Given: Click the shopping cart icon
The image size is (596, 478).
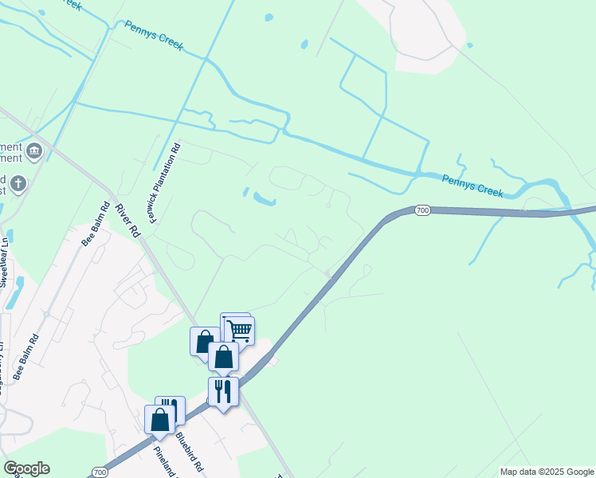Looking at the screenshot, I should (240, 330).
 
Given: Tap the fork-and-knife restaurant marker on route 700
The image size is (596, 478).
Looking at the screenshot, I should (223, 391).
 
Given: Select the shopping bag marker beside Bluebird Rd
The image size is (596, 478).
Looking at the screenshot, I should (159, 419).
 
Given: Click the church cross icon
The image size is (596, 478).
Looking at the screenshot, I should (18, 185).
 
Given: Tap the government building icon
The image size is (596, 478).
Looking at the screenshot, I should (34, 151).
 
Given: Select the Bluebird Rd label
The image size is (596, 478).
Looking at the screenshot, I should (190, 451).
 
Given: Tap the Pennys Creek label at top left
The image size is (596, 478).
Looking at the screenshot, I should (154, 37).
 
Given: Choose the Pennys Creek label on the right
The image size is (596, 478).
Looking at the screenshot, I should (472, 186).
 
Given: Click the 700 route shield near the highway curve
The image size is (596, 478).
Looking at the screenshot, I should (422, 210).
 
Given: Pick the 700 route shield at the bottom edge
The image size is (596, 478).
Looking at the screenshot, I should (100, 472).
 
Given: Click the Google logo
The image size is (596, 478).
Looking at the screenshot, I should (26, 468).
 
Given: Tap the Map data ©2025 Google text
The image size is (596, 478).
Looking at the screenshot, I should (546, 472).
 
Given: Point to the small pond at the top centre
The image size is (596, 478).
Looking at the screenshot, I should (269, 18).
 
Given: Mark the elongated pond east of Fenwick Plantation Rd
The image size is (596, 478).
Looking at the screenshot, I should (263, 198).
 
